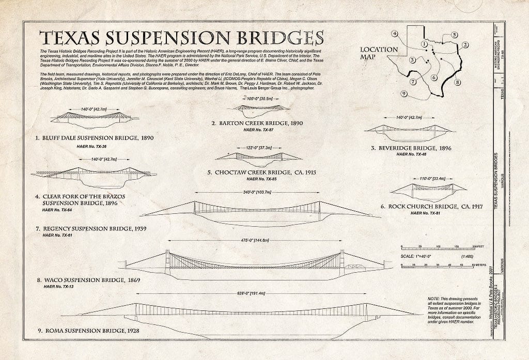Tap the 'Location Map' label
pyautogui.click(x=379, y=53)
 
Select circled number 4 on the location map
pyautogui.click(x=395, y=34)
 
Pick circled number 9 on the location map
pyautogui.click(x=404, y=93)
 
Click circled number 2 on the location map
pyautogui.click(x=465, y=45)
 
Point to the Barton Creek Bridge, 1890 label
pyautogui.click(x=257, y=123)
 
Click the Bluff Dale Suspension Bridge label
pyautogui.click(x=95, y=138)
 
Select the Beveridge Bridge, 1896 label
pyautogui.click(x=411, y=148)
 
